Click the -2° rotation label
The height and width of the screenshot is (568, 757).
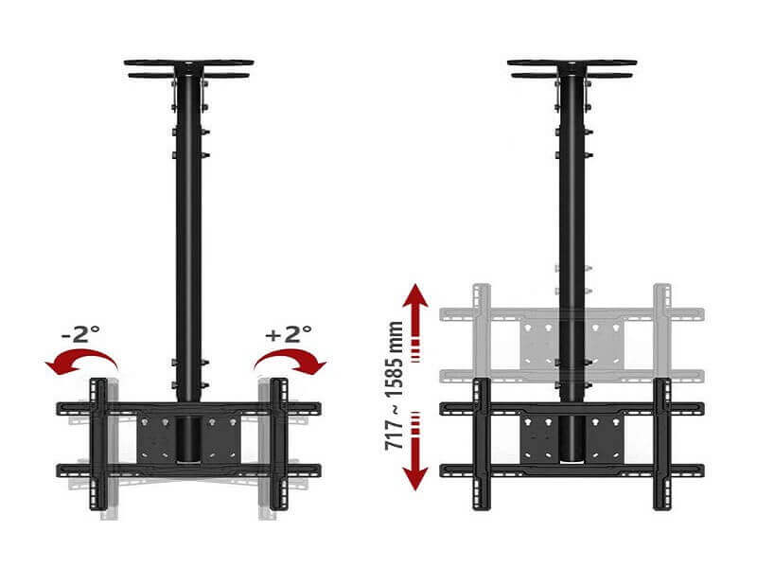pyautogui.click(x=80, y=334)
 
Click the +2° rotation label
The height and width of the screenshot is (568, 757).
pyautogui.click(x=289, y=334)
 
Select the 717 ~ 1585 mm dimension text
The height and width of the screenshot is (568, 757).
pyautogui.click(x=395, y=385)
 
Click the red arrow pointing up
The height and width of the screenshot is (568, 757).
pyautogui.click(x=415, y=322)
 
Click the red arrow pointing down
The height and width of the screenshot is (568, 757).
pyautogui.click(x=415, y=452)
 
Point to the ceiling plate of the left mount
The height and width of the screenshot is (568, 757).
pyautogui.click(x=188, y=68)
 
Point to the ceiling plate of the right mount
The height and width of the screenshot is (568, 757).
pyautogui.click(x=572, y=68)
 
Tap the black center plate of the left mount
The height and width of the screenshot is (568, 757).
pyautogui.click(x=188, y=437)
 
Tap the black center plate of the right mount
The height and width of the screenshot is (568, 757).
pyautogui.click(x=572, y=437)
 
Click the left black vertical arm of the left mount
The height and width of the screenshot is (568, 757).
pyautogui.click(x=99, y=444)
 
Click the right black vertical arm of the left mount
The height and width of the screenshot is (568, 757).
pyautogui.click(x=279, y=444)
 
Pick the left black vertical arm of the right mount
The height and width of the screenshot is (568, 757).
pyautogui.click(x=482, y=444)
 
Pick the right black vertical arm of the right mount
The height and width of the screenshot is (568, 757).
pyautogui.click(x=662, y=444)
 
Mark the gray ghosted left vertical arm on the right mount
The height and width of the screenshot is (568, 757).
pyautogui.click(x=482, y=330)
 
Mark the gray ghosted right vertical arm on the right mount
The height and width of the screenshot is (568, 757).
pyautogui.click(x=662, y=330)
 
